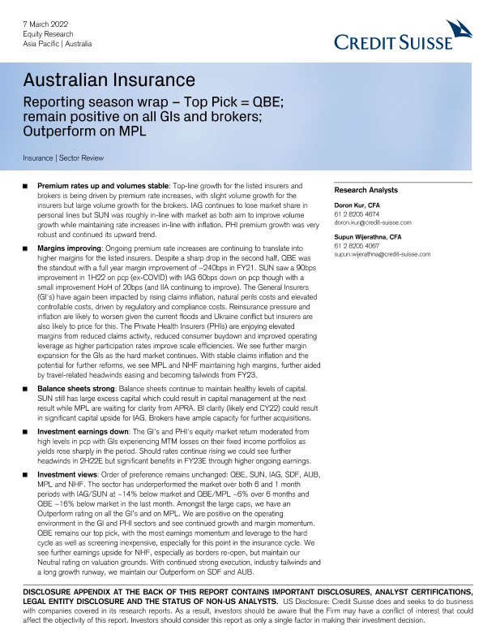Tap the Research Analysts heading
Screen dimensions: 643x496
tap(366, 190)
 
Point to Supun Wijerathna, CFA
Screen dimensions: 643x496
tap(367, 236)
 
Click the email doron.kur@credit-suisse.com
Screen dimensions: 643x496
tap(373, 222)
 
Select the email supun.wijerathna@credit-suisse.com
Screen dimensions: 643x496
tap(382, 253)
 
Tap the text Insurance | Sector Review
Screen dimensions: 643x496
tap(63, 158)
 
